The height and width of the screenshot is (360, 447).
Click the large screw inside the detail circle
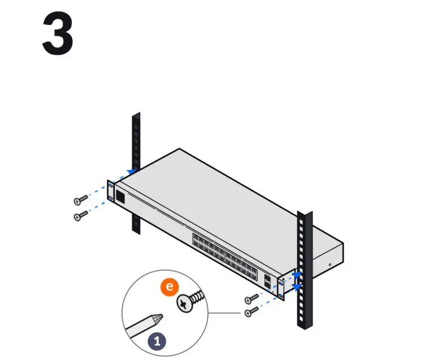pyautogui.click(x=189, y=302)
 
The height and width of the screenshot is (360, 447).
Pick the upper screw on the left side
pyautogui.click(x=81, y=199)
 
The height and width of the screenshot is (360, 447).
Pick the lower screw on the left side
pyautogui.click(x=81, y=215)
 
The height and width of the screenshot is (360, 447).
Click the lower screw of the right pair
pyautogui.click(x=251, y=311)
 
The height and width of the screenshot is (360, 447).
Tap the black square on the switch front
pyautogui.click(x=120, y=196)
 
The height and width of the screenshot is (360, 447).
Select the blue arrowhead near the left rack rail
pyautogui.click(x=132, y=170)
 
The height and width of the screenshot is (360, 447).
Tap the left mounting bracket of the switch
pyautogui.click(x=111, y=192)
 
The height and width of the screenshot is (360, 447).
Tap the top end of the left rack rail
pyautogui.click(x=136, y=116)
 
